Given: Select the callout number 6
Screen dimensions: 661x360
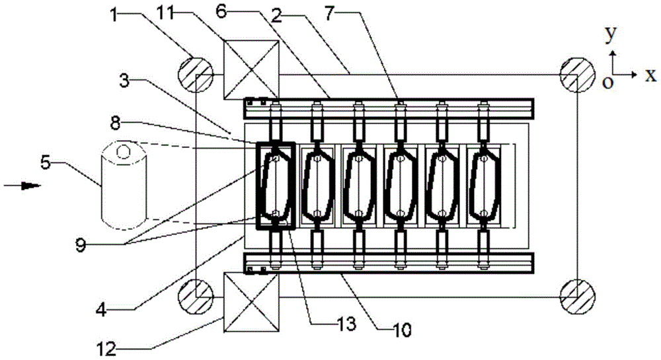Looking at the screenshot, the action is [221, 11].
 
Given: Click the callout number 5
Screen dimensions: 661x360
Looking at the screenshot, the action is [46, 162].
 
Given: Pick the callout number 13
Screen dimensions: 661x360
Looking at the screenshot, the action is [344, 324].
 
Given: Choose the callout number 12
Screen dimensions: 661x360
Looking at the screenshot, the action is [106, 349].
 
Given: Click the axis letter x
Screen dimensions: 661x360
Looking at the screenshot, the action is [650, 75].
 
